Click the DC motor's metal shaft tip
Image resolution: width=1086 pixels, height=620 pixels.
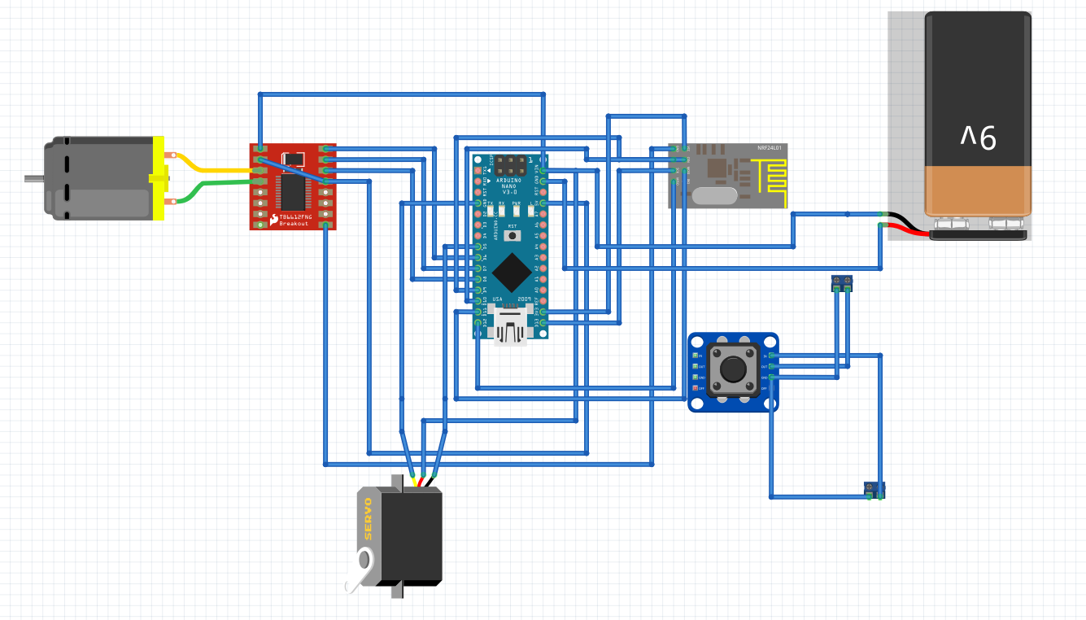(28, 178)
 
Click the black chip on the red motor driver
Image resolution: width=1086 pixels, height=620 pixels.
(290, 190)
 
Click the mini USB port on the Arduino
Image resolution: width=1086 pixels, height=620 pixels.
(509, 329)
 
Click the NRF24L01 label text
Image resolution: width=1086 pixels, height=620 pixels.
(769, 148)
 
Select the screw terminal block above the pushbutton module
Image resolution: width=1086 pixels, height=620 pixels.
(842, 283)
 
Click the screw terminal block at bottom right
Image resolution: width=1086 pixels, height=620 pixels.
(874, 490)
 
